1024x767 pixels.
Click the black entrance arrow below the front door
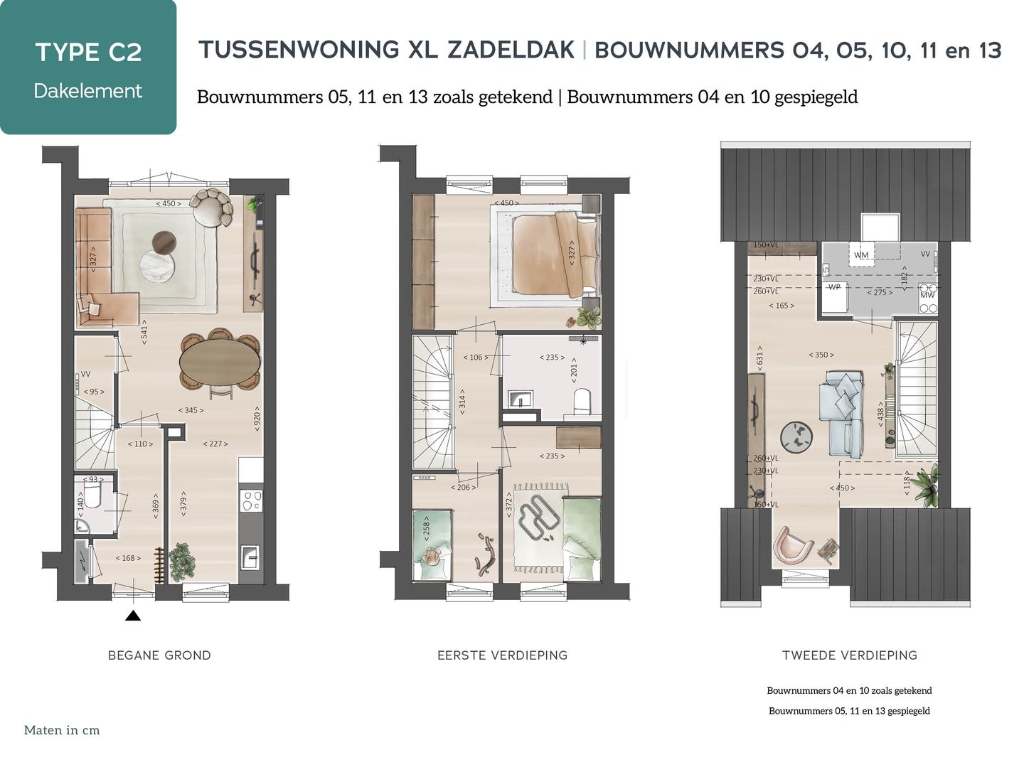[x=132, y=616]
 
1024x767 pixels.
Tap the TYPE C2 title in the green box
[x=88, y=52]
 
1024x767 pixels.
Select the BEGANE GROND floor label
[x=159, y=655]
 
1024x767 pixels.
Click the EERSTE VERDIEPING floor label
[x=502, y=655]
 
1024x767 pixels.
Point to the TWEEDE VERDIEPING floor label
[x=849, y=655]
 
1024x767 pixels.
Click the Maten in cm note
[x=62, y=730]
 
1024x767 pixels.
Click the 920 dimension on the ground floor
[x=257, y=419]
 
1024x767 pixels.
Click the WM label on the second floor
[x=861, y=255]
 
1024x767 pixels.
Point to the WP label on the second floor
[x=834, y=287]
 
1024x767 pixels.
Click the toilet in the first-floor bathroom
[x=582, y=401]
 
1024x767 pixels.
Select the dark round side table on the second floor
[x=796, y=436]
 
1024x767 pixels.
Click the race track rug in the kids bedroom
[x=539, y=522]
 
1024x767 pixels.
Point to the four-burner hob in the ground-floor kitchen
[x=251, y=500]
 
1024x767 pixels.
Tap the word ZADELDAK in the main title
[x=511, y=50]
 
